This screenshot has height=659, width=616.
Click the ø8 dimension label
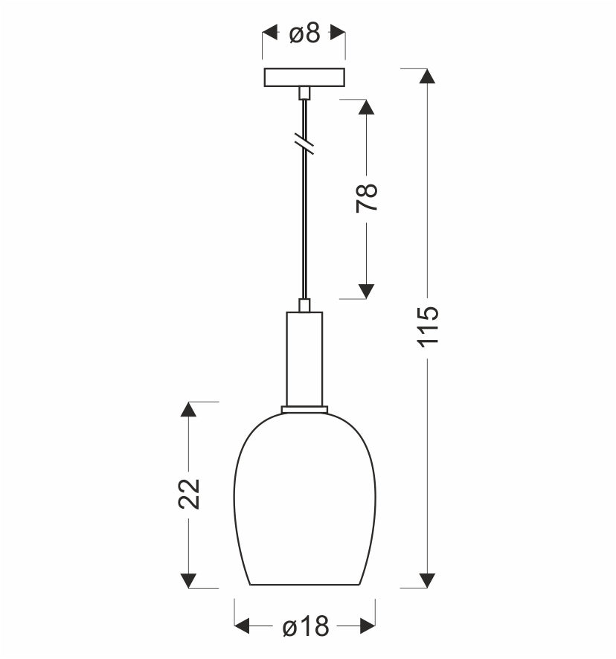point(305,33)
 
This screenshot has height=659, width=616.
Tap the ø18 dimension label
point(306,626)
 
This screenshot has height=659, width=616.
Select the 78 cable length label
point(367,198)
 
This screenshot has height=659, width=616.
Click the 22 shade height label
point(189,493)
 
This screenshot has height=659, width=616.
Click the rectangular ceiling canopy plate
point(304,77)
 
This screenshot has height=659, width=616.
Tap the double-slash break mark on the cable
point(304,144)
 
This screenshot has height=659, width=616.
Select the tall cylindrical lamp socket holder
point(304,359)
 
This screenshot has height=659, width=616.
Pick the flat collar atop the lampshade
point(304,409)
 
